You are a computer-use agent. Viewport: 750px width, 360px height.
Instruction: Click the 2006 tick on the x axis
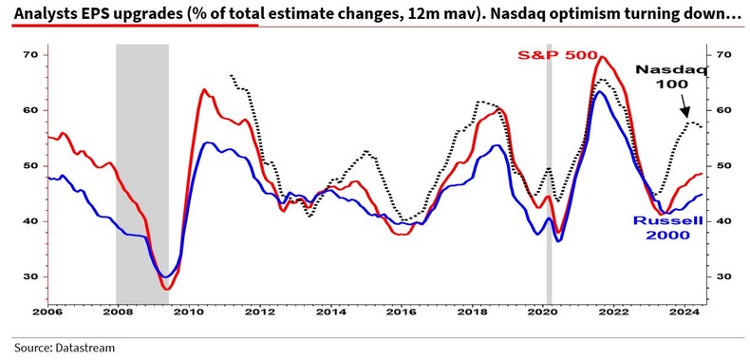pos(46,311)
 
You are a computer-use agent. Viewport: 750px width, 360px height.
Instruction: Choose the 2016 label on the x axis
pos(403,311)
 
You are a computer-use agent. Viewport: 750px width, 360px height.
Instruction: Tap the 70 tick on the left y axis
pos(29,55)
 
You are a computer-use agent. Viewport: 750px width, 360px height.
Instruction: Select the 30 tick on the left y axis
pos(29,276)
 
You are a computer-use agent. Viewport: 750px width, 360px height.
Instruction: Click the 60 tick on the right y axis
pos(725,110)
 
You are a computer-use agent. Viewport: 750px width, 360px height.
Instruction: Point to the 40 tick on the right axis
pos(725,221)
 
